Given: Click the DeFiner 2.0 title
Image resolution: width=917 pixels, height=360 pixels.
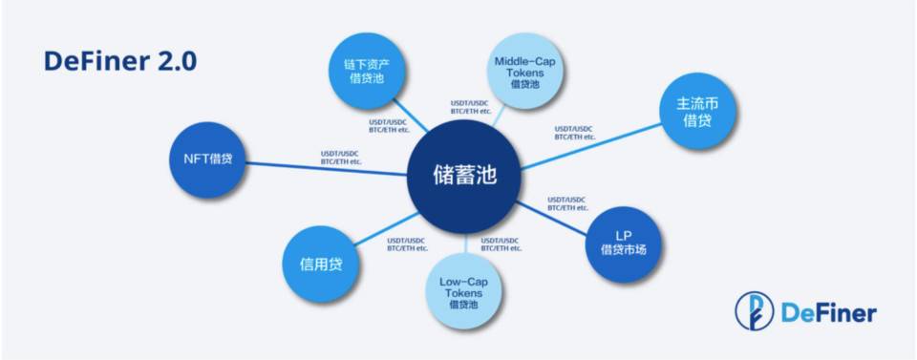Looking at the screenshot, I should tap(119, 61).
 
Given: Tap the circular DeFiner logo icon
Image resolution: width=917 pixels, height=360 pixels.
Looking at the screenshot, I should tap(755, 311).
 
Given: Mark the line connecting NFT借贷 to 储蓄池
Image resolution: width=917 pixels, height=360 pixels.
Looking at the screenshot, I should tap(325, 170).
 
